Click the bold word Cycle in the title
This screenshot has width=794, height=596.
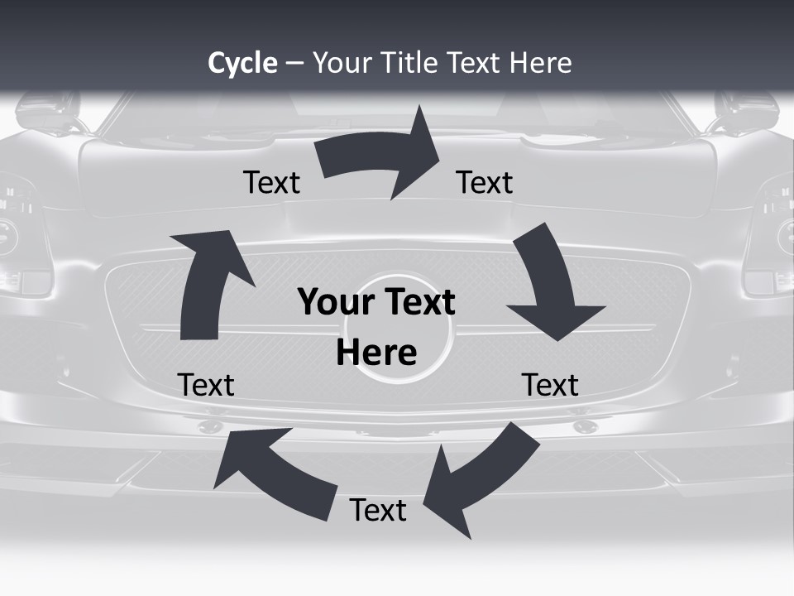(242, 63)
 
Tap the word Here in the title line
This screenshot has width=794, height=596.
(541, 63)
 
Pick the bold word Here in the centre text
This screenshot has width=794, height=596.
(376, 353)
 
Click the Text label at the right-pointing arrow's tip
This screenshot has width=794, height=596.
(485, 183)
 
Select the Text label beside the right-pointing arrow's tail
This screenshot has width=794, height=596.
(271, 183)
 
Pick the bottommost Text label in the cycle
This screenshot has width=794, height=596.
(378, 511)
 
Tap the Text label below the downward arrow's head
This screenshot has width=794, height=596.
(550, 386)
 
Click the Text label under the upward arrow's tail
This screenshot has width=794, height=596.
(206, 386)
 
